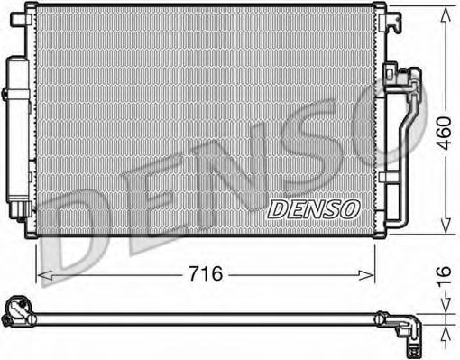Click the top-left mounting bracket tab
pos(30,11)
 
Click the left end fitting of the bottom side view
pos(18,313)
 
